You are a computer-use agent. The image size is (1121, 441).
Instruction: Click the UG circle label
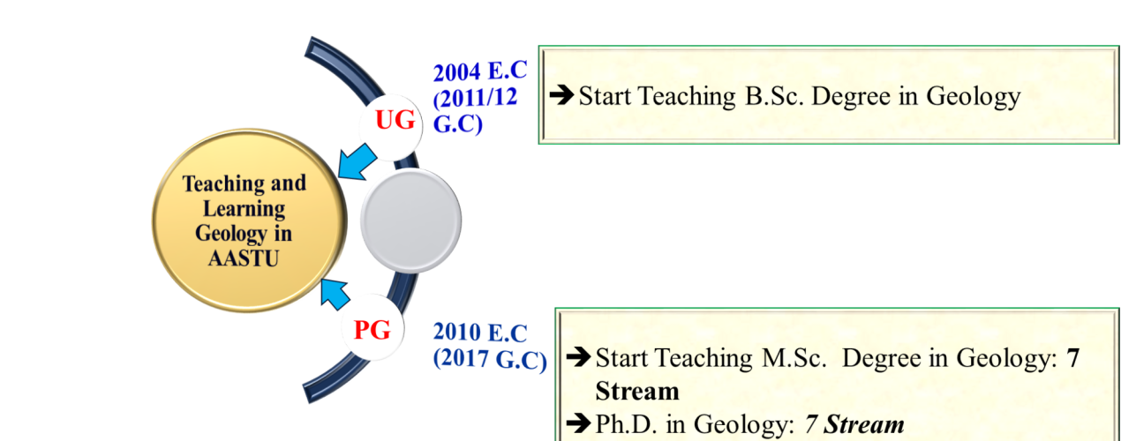(395, 122)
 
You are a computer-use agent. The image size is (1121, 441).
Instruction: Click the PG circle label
(372, 331)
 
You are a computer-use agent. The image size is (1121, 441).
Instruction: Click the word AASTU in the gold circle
(244, 259)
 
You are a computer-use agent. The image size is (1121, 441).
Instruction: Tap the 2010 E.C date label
(479, 333)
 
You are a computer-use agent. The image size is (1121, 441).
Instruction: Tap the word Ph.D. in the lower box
(623, 425)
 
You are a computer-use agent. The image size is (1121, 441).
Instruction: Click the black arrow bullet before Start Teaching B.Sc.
(561, 95)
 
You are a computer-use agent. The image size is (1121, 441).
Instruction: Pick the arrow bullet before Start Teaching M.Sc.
(578, 358)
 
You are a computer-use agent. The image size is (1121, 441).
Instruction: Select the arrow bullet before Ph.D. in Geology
(578, 424)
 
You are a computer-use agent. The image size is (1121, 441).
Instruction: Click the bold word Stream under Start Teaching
(636, 390)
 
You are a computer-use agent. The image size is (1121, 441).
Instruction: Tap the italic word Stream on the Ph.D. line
(864, 425)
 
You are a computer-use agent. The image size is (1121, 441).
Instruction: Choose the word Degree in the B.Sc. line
(854, 96)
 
